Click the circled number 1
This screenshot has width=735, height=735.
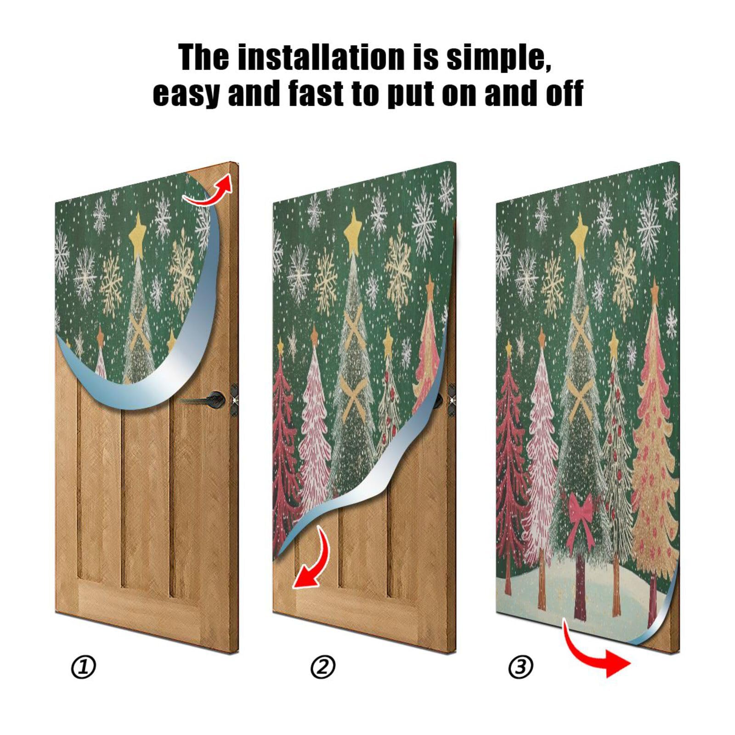point(84,667)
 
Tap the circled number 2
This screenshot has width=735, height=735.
point(323,667)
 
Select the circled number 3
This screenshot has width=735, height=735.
point(520,667)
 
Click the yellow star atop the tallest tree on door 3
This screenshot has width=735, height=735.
point(580,230)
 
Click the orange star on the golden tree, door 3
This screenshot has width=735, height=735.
point(654,289)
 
